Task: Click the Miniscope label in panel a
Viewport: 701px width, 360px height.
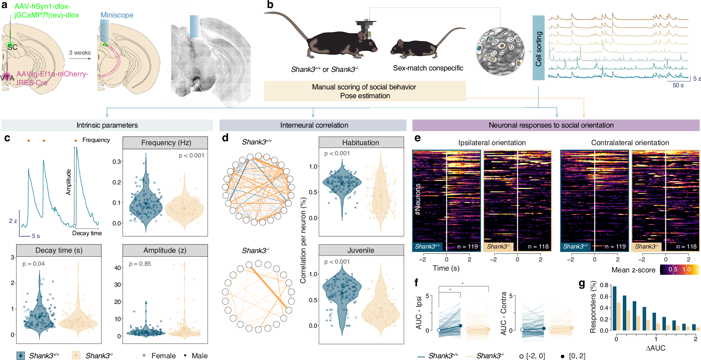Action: point(117,15)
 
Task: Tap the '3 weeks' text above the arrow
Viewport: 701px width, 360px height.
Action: point(80,53)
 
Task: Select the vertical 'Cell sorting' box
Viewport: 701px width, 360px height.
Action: point(538,48)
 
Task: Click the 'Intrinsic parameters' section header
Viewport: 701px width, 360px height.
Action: point(107,125)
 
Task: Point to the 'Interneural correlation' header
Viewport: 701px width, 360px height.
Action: point(314,125)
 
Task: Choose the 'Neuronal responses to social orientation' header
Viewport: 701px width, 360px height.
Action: point(551,125)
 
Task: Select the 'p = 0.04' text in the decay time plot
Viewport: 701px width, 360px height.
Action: point(33,264)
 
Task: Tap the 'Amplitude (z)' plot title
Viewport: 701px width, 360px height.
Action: point(164,250)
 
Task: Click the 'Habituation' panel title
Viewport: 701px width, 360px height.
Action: point(360,143)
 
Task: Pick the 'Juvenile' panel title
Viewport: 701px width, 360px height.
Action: point(360,250)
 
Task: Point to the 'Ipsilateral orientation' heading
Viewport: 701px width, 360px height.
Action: point(492,143)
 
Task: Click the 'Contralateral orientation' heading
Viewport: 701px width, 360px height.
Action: point(630,143)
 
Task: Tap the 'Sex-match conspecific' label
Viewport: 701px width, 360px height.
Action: point(428,68)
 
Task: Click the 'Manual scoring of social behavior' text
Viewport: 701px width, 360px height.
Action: point(364,87)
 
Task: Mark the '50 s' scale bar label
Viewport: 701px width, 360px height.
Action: point(678,85)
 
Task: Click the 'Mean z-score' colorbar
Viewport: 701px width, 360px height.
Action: point(680,270)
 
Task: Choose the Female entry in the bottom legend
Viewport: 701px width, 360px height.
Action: point(160,355)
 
